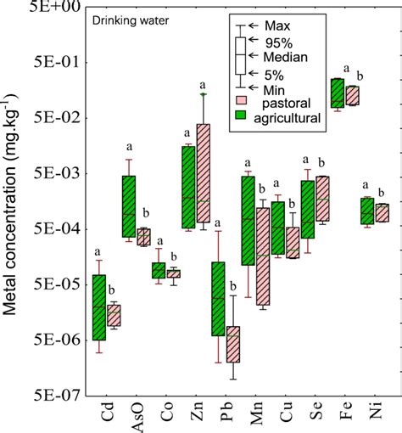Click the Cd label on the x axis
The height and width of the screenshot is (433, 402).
pyautogui.click(x=107, y=416)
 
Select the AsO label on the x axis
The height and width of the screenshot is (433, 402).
pyautogui.click(x=137, y=419)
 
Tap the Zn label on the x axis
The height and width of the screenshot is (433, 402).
pyautogui.click(x=197, y=416)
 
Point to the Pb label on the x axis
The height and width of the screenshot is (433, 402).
pyautogui.click(x=226, y=416)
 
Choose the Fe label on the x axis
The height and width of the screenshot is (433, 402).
pyautogui.click(x=347, y=416)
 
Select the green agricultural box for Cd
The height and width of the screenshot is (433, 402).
pyautogui.click(x=99, y=306)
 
